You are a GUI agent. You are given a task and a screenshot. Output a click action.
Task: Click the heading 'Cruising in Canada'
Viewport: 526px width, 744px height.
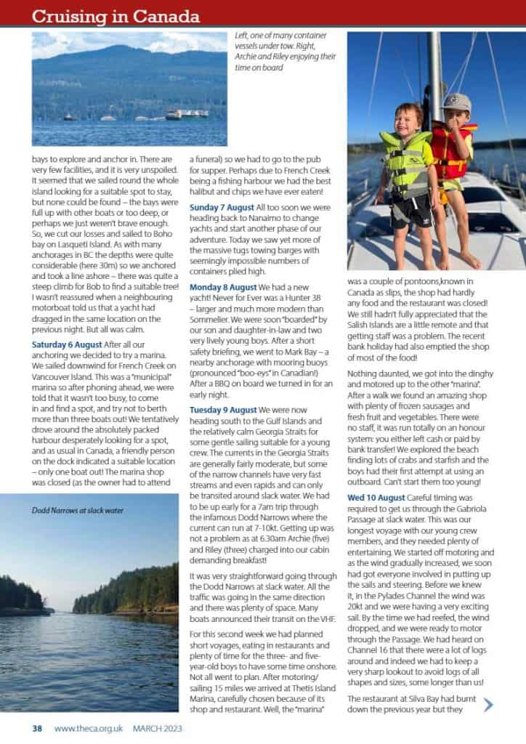tap(116, 15)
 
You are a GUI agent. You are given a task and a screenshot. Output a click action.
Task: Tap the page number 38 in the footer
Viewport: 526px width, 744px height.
tap(38, 728)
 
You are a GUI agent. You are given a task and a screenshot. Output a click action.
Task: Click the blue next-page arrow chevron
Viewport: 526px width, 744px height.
tap(488, 703)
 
